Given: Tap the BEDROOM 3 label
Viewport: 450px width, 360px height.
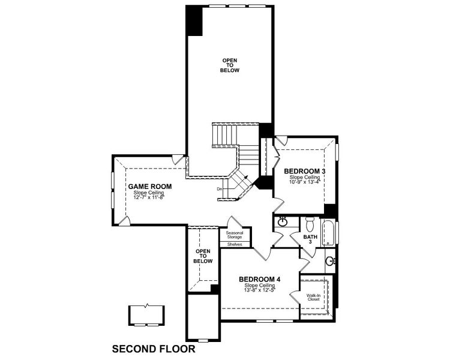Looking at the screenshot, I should coord(304,172).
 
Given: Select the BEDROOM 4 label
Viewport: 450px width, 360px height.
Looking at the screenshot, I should coord(259,279).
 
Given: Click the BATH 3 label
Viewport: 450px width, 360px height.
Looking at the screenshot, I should coord(310,239).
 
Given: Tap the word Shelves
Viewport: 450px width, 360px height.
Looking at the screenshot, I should coord(235,244).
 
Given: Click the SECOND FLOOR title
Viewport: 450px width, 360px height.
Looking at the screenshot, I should coord(154,348).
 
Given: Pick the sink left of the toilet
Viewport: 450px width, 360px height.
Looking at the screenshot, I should coord(283,223).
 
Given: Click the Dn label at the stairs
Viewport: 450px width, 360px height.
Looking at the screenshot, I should coord(220,189).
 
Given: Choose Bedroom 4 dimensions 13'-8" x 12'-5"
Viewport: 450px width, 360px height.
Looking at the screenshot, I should coord(259,290).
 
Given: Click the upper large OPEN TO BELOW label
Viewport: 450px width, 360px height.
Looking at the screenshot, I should coord(230,65).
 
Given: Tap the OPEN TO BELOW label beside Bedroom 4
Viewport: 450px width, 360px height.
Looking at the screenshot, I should coord(203,256).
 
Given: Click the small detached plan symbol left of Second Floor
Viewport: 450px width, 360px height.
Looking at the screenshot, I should coord(146,314).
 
